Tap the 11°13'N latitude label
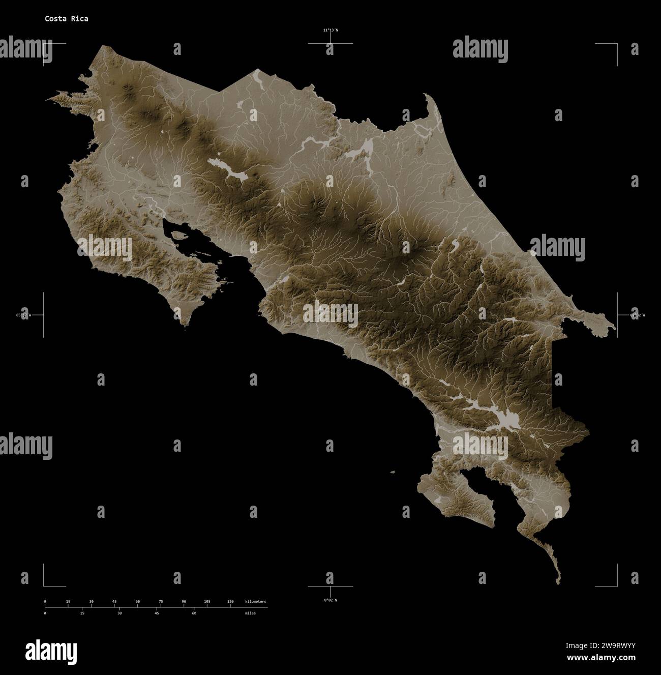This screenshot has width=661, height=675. tap(330, 30)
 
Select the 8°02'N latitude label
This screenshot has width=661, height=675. tap(330, 600)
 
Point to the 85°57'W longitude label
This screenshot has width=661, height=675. tap(23, 315)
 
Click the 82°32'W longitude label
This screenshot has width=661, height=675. tap(638, 315)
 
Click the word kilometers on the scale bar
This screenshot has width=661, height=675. tap(255, 602)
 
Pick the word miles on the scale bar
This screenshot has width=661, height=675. tap(250, 613)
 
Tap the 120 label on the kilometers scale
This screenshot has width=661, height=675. tap(230, 602)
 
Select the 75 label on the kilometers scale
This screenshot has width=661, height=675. tap(161, 602)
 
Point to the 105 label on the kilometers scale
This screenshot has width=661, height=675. tap(207, 602)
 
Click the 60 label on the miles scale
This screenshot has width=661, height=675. tap(194, 613)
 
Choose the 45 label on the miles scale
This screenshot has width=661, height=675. tap(157, 613)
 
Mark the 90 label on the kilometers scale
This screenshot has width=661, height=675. tap(184, 602)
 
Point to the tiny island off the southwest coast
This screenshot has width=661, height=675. tap(392, 472)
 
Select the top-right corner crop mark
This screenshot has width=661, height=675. tap(617, 45)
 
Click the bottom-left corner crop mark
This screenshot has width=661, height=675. tap(44, 585)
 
